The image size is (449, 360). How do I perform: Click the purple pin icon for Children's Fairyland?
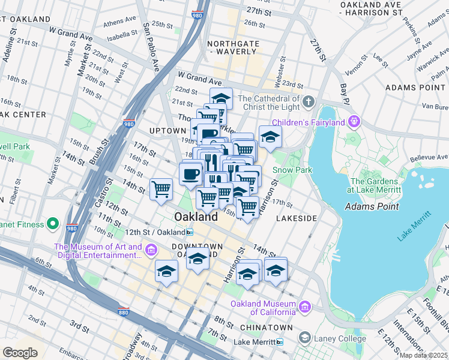click(x=355, y=122)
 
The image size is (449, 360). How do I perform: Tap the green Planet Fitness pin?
click(x=53, y=225)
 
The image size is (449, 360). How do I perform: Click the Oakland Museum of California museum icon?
click(x=305, y=307)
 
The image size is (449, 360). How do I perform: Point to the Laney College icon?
click(x=305, y=338)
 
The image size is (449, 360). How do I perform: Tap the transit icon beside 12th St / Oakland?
click(x=190, y=232)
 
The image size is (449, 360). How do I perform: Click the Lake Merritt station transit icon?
click(x=280, y=342)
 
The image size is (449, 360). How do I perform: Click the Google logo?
click(x=20, y=353)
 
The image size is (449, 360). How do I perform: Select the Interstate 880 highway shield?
click(x=123, y=311)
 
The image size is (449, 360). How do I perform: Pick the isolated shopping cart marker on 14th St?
click(x=161, y=189)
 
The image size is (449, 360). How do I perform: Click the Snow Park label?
click(x=293, y=170)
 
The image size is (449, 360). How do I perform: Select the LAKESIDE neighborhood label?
click(x=296, y=219)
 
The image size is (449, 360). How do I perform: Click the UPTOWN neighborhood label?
click(x=168, y=131)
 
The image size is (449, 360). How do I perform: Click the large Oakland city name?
click(x=196, y=216)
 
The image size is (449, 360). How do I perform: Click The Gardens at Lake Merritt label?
click(x=374, y=185)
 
